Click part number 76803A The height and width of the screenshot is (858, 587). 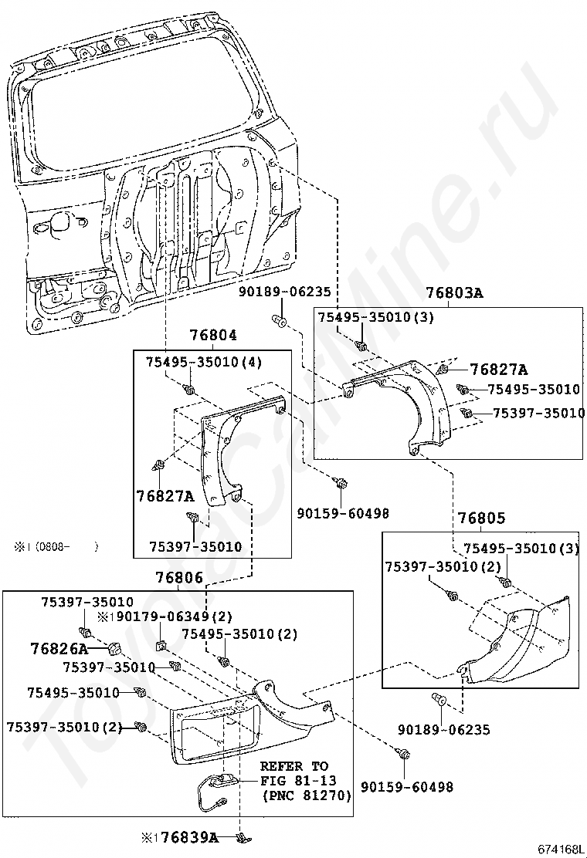click(x=454, y=293)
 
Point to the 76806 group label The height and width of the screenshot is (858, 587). click(x=178, y=578)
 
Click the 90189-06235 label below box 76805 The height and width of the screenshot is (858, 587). click(x=444, y=729)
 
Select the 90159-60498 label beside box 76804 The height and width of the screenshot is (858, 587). click(x=343, y=513)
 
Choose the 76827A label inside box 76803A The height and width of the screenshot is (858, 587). click(x=499, y=370)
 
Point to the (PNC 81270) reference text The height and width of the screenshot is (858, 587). click(x=307, y=795)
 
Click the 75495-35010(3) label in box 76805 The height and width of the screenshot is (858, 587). click(x=521, y=549)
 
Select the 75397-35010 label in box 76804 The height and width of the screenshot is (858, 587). click(x=195, y=547)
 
